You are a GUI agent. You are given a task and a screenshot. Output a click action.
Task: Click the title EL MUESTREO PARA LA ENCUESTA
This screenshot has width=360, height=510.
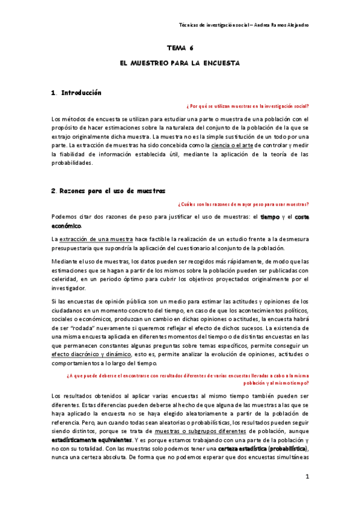[180, 63]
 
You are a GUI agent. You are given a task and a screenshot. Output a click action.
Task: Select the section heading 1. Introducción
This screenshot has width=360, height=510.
[76, 93]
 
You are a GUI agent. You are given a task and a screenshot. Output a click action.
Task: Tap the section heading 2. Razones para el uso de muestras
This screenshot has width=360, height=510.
[108, 191]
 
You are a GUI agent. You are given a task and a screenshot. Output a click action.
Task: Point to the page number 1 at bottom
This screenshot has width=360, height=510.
[307, 477]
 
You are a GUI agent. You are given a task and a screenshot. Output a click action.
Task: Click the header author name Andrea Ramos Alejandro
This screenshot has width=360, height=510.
[283, 25]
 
